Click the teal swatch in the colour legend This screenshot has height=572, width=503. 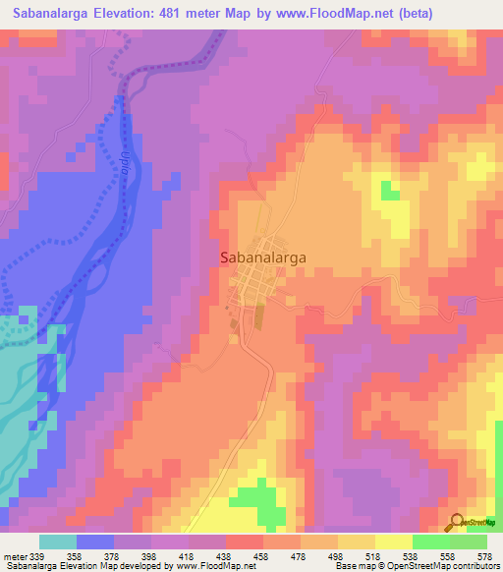58,542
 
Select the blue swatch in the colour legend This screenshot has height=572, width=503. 95,542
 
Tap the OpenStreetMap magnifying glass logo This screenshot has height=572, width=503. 456,522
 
